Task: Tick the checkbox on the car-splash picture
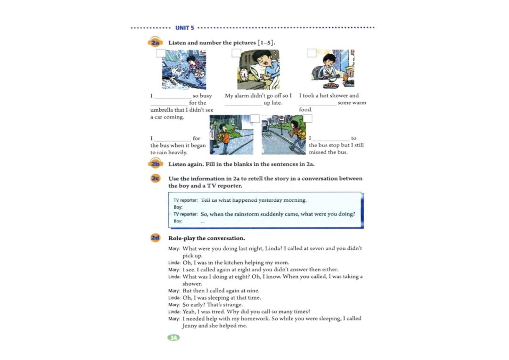coord(161,53)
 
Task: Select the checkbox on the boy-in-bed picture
coord(237,53)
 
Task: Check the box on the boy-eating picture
coord(312,53)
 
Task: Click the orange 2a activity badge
coord(156,43)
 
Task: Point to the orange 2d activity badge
coord(156,238)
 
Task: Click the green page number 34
coord(173,337)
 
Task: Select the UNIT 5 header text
coord(185,28)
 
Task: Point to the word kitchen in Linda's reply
coord(228,262)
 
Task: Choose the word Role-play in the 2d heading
coord(182,238)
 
